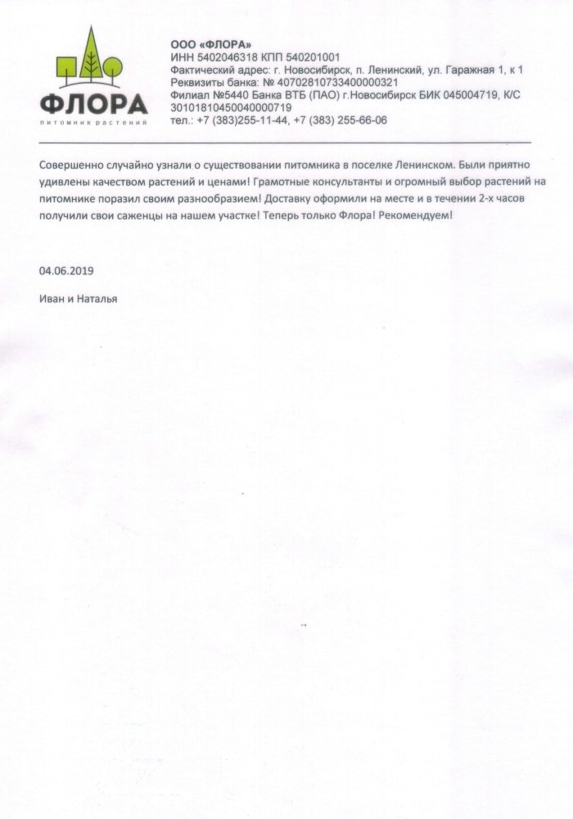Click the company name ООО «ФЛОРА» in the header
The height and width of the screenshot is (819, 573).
210,44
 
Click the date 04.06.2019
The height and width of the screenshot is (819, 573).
66,270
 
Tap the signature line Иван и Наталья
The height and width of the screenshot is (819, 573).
78,299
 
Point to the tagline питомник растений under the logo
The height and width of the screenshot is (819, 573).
93,123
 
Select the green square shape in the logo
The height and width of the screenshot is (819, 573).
68,66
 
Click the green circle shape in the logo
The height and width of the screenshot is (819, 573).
113,65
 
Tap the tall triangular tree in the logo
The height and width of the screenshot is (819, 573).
91,54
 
